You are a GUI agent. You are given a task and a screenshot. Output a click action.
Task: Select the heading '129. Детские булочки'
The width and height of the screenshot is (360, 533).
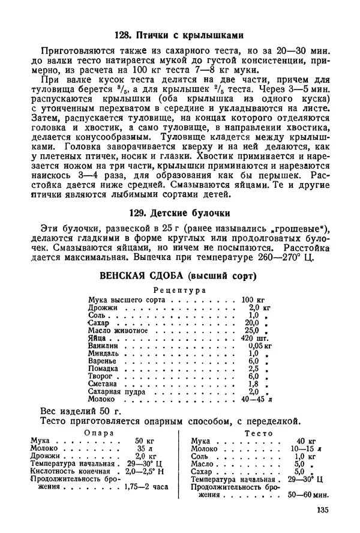pyautogui.click(x=180, y=213)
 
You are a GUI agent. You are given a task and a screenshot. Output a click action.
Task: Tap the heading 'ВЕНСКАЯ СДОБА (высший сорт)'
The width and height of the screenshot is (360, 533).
pyautogui.click(x=180, y=277)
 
